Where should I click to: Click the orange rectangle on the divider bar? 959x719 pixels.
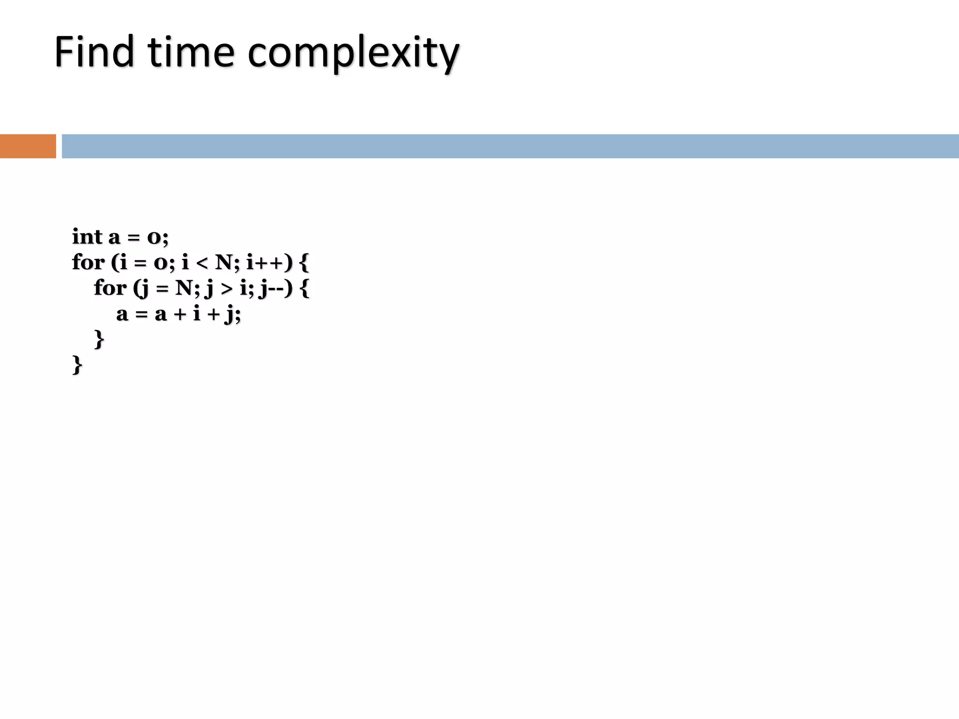pyautogui.click(x=28, y=146)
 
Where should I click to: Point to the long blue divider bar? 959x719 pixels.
pyautogui.click(x=510, y=146)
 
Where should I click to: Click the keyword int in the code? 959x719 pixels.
pyautogui.click(x=87, y=237)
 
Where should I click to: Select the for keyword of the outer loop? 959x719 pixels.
pyautogui.click(x=88, y=262)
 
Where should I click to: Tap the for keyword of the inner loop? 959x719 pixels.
pyautogui.click(x=110, y=287)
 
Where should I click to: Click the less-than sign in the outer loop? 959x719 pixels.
pyautogui.click(x=201, y=263)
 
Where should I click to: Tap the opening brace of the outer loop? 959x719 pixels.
pyautogui.click(x=304, y=263)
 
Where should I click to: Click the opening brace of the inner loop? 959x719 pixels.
pyautogui.click(x=304, y=288)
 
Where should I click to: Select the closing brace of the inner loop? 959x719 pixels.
pyautogui.click(x=99, y=339)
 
